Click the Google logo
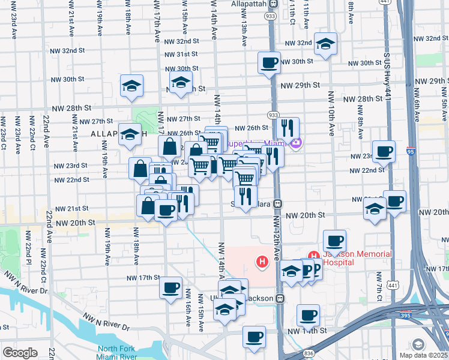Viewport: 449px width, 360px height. click(20, 353)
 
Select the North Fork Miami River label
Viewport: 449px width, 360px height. click(119, 353)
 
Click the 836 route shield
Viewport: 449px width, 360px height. click(309, 354)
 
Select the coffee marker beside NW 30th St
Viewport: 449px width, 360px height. click(269, 62)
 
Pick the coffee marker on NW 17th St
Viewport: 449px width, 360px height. click(171, 287)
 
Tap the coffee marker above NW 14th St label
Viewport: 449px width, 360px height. click(254, 336)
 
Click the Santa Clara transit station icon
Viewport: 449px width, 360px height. click(279, 203)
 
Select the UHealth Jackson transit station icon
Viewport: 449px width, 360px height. click(280, 298)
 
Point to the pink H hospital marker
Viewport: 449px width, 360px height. click(262, 262)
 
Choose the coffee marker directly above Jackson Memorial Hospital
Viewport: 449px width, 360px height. click(334, 241)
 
